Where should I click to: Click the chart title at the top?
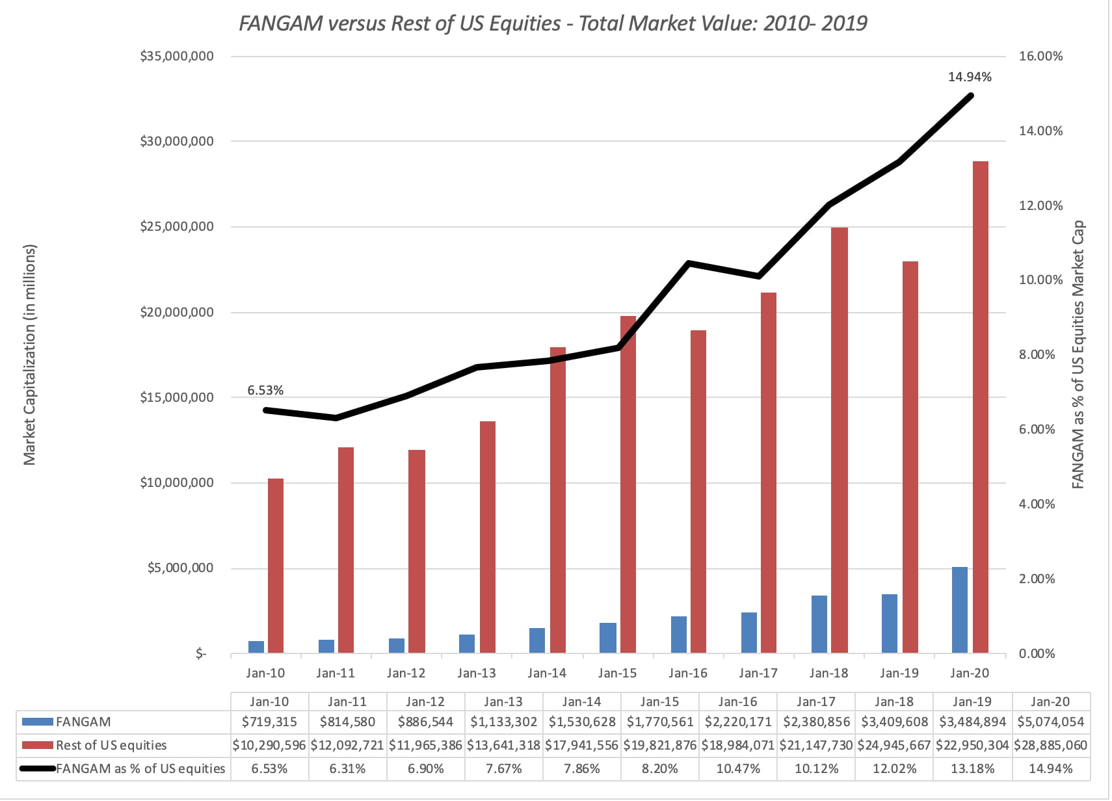[x=553, y=23]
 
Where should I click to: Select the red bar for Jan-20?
[x=980, y=407]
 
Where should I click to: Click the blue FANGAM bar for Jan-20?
[x=959, y=610]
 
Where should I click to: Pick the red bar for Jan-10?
[x=276, y=566]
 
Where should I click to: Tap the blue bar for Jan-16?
[x=678, y=635]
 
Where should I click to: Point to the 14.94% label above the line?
[x=970, y=77]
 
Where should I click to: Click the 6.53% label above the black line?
[x=265, y=391]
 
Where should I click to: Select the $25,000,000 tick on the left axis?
[x=177, y=227]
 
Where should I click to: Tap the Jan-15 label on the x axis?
[x=617, y=674]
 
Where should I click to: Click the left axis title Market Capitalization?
[x=30, y=355]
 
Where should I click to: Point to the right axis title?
[x=1078, y=355]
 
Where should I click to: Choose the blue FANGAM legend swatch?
[x=38, y=722]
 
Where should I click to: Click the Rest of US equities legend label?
[x=111, y=745]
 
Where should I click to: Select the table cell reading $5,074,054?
[x=1050, y=722]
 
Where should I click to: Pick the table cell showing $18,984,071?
[x=737, y=745]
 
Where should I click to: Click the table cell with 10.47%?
[x=737, y=768]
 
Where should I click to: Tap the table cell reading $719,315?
[x=269, y=722]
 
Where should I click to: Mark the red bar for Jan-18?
[x=840, y=440]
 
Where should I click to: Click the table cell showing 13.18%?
[x=972, y=768]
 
